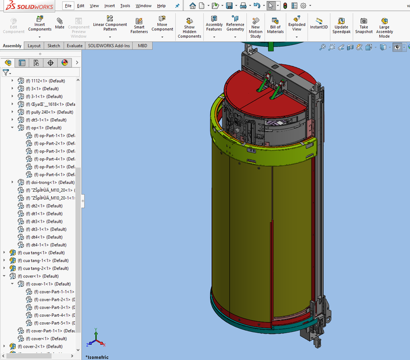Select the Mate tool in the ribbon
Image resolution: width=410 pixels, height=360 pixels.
click(x=60, y=24)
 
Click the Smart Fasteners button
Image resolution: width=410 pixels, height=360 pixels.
click(x=139, y=26)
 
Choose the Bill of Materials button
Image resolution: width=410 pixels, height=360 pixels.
click(x=275, y=26)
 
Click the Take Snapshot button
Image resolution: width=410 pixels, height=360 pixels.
click(x=364, y=26)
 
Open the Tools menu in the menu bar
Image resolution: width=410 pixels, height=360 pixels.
click(x=125, y=6)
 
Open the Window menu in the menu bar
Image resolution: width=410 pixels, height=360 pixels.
click(x=144, y=6)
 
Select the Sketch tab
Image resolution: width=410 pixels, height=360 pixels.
click(x=54, y=46)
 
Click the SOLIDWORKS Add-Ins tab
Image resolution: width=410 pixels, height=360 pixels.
click(x=109, y=46)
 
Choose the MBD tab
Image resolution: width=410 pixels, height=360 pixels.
click(x=143, y=46)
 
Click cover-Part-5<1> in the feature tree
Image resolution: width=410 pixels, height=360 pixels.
click(x=54, y=323)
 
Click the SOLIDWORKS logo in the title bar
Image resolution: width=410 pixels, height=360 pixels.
click(x=28, y=6)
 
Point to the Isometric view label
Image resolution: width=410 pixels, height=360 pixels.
click(x=97, y=357)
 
